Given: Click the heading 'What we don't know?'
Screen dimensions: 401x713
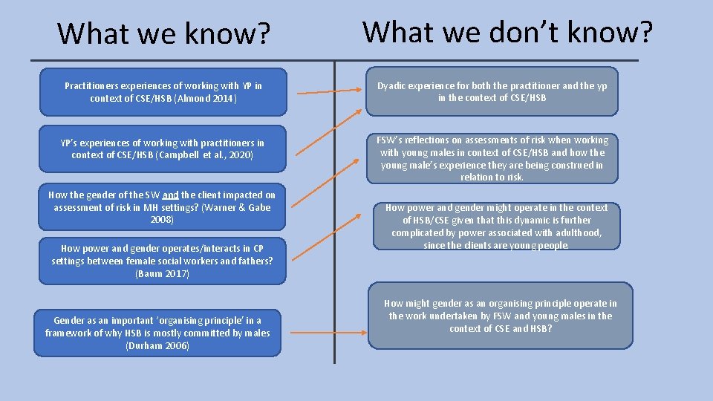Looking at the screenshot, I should coord(508,32).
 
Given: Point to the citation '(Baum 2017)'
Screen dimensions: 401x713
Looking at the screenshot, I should coord(162,274).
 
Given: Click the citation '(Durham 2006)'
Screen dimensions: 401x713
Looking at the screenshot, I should coord(157,345).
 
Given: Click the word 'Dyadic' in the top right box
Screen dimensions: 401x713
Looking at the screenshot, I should coord(394,85).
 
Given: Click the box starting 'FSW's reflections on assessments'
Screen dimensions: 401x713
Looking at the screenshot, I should coord(492,157).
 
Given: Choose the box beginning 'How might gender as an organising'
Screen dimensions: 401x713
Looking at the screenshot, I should coord(501,316).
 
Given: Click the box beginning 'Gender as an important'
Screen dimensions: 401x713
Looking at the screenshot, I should coord(157,333).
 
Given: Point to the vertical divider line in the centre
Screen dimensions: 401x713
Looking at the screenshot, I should coord(335,223).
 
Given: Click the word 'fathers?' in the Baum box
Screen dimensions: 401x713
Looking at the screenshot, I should coord(255,261).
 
